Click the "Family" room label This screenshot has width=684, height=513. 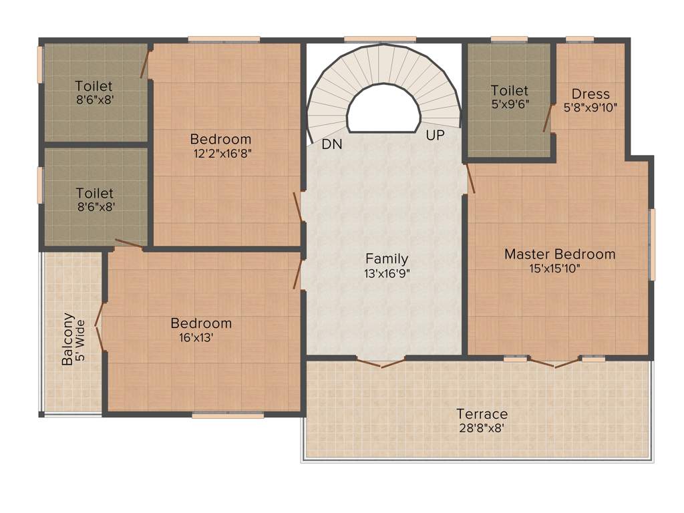tap(386, 259)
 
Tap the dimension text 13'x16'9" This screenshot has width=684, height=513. tap(386, 273)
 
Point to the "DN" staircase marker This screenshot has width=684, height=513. tap(332, 144)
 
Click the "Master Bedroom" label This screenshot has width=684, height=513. tap(560, 254)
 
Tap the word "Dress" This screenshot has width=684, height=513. tap(590, 94)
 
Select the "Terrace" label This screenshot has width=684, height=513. tap(482, 413)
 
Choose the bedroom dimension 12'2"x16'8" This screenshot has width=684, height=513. tap(220, 153)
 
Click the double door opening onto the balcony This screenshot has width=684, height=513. tap(100, 327)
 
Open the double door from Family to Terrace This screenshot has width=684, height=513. tap(380, 363)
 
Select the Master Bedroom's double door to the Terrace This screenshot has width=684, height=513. tap(554, 363)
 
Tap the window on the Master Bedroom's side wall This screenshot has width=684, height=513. tap(652, 244)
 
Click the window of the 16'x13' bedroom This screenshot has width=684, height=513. tap(227, 415)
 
